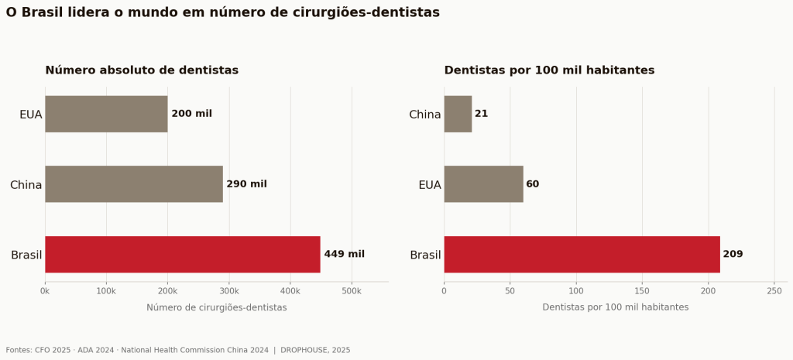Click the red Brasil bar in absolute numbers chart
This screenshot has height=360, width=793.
[x=183, y=255]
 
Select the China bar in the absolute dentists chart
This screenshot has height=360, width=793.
[x=134, y=184]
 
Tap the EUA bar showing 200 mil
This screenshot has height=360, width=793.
[x=106, y=115]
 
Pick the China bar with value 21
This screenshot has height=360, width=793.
[x=458, y=115]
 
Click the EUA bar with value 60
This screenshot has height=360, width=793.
[x=483, y=184]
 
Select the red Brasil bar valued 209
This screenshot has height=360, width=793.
[x=582, y=255]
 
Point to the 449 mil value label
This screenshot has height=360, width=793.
[x=345, y=255]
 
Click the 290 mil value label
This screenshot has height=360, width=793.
[x=247, y=184]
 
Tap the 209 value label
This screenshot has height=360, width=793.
[x=733, y=255]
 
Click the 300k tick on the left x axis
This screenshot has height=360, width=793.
[x=229, y=291]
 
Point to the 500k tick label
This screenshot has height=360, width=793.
[x=352, y=291]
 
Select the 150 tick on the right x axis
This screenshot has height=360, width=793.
[x=642, y=291]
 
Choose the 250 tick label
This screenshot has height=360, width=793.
[x=774, y=291]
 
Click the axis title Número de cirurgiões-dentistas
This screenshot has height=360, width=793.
[x=217, y=307]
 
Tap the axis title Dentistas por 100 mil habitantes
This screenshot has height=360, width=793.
[x=616, y=307]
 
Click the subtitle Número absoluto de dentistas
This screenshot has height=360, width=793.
[x=142, y=70]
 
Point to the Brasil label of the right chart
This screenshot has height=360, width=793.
[x=425, y=255]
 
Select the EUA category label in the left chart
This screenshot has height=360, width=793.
[x=31, y=115]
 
